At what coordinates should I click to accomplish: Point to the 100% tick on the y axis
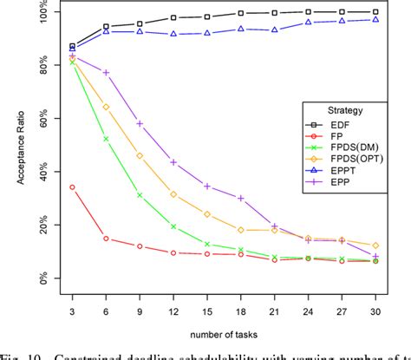coord(38,12)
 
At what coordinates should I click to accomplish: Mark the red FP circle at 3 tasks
coord(72,187)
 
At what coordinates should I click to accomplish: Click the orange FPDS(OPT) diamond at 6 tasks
coord(106,107)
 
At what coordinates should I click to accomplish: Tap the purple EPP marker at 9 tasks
coord(140,123)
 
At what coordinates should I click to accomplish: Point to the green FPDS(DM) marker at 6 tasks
coord(106,139)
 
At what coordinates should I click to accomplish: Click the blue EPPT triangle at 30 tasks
coord(375,19)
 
